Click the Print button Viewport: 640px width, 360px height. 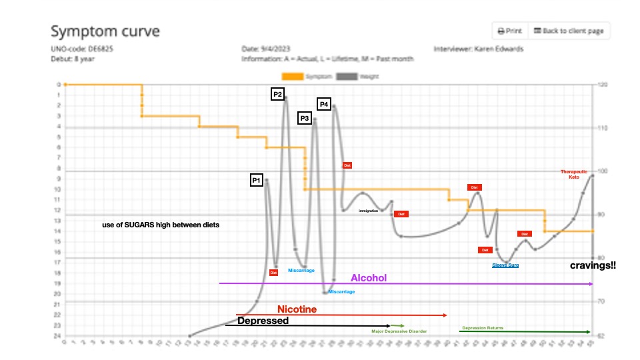509,31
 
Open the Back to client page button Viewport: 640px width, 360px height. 569,31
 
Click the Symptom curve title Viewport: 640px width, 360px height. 105,31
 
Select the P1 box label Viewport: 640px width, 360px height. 257,180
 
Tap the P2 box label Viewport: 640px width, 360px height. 277,95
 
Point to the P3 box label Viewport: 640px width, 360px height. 305,118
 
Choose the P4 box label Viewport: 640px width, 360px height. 323,104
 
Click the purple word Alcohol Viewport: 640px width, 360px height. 369,277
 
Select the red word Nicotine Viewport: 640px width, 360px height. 297,309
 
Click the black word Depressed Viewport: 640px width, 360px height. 263,321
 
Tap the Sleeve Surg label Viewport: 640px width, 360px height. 505,265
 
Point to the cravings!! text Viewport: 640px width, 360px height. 593,265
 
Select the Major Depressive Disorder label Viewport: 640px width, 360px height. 399,331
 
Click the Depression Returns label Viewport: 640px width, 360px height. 483,328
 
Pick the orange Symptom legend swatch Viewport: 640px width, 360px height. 293,76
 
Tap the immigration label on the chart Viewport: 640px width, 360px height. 368,211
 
